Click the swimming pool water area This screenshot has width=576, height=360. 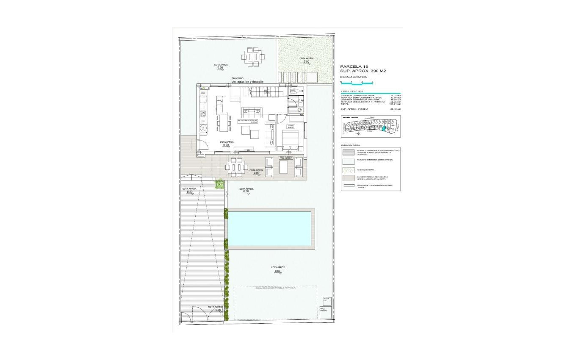270,229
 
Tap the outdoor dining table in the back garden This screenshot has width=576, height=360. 253,57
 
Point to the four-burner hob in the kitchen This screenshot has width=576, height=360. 203,114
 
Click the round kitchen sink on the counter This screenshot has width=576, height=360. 203,127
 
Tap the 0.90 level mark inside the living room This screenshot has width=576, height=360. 226,145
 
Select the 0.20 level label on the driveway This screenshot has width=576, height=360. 189,192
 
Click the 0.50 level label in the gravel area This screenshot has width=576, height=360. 307,62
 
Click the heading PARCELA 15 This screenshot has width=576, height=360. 354,66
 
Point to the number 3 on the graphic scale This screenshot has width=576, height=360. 372,81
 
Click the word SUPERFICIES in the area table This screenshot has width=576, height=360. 352,91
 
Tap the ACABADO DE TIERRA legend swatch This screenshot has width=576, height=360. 348,170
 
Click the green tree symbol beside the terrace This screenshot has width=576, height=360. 219,184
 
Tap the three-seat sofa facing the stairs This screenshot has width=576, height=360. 252,113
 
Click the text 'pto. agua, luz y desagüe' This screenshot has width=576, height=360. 247,81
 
